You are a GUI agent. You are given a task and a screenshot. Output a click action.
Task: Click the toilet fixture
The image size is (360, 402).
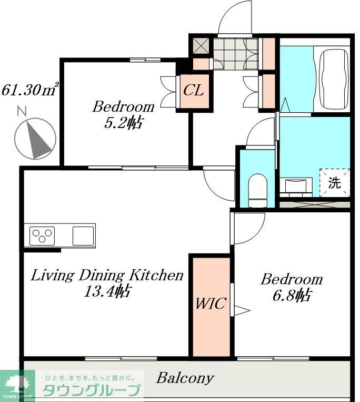tap(257, 190)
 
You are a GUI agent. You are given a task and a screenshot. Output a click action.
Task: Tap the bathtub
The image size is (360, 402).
tap(334, 79)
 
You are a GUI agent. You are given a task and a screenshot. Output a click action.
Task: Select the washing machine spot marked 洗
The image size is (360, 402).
tap(334, 182)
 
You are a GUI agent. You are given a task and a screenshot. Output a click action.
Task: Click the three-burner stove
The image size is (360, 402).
tap(42, 236)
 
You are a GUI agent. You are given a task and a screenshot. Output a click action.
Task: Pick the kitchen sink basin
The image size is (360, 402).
tap(83, 236)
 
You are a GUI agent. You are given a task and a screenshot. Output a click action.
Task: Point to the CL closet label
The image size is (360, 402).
tap(194, 90)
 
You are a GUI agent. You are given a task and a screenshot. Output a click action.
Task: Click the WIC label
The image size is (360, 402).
tap(211, 303)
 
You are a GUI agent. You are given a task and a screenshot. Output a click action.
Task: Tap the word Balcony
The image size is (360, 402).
tap(185, 378)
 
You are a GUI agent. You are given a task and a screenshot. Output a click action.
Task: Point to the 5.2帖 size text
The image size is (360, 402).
tap(124, 123)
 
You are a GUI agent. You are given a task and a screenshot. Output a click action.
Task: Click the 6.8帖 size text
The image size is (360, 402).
tap(292, 296)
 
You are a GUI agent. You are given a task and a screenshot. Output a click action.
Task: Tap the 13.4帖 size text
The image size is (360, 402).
tap(108, 291)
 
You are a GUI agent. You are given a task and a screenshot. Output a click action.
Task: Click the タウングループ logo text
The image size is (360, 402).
tap(92, 390)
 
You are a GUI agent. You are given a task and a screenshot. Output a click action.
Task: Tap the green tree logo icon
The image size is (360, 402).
tap(17, 384)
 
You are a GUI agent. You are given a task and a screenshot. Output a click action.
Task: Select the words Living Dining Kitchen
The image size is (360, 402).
tap(107, 276)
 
